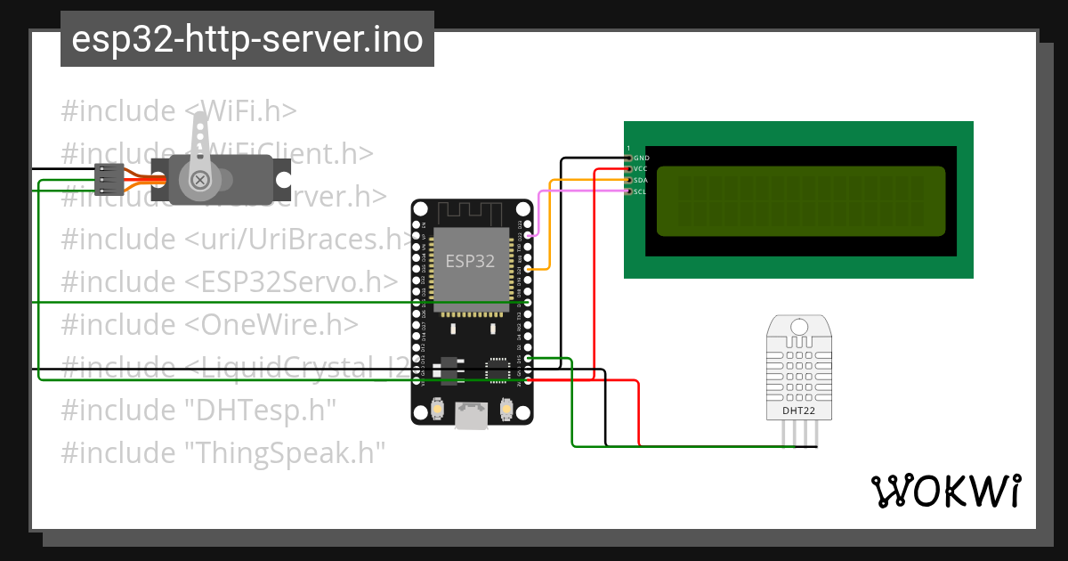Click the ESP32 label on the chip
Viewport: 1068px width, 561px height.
(470, 261)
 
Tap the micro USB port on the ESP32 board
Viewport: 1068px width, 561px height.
(471, 415)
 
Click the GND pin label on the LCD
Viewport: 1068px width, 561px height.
(641, 158)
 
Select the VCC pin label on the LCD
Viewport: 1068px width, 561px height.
(641, 168)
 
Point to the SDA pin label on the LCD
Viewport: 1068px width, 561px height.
(641, 180)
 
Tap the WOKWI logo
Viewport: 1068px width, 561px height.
(945, 491)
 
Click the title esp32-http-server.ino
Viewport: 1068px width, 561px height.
(247, 39)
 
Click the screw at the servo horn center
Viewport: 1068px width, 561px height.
(200, 179)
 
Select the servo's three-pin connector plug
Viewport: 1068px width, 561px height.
(108, 179)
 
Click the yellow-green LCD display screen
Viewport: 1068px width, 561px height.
(801, 201)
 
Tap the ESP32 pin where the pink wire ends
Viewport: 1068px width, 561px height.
(529, 235)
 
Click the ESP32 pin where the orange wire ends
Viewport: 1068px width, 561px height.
(529, 269)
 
